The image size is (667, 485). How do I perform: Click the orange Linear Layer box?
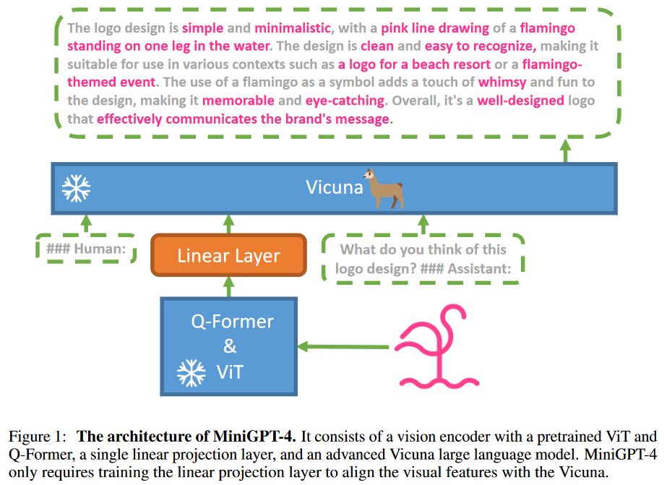pyautogui.click(x=229, y=255)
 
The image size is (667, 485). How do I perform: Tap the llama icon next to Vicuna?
pyautogui.click(x=384, y=188)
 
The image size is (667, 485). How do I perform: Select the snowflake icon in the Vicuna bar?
pyautogui.click(x=76, y=188)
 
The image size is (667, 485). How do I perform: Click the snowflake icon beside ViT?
pyautogui.click(x=191, y=373)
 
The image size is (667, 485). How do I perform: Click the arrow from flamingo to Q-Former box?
pyautogui.click(x=343, y=347)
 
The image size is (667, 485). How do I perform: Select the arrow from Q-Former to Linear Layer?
pyautogui.click(x=229, y=287)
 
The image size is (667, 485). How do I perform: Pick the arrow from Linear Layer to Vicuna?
pyautogui.click(x=229, y=224)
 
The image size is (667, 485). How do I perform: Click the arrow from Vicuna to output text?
pyautogui.click(x=565, y=150)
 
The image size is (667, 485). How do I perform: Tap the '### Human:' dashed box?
pyautogui.click(x=86, y=249)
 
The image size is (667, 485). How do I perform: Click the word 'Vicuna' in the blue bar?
pyautogui.click(x=335, y=187)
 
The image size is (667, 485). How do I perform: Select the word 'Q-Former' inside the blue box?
pyautogui.click(x=232, y=322)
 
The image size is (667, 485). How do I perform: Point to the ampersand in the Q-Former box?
pyautogui.click(x=230, y=346)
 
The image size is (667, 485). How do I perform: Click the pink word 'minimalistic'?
pyautogui.click(x=293, y=28)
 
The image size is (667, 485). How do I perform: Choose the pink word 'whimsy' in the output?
pyautogui.click(x=502, y=82)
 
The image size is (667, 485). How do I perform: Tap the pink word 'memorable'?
pyautogui.click(x=238, y=100)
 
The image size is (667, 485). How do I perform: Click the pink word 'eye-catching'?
pyautogui.click(x=345, y=100)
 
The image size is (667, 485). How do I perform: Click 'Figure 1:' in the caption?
pyautogui.click(x=38, y=437)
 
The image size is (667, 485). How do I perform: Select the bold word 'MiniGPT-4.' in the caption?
pyautogui.click(x=254, y=437)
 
